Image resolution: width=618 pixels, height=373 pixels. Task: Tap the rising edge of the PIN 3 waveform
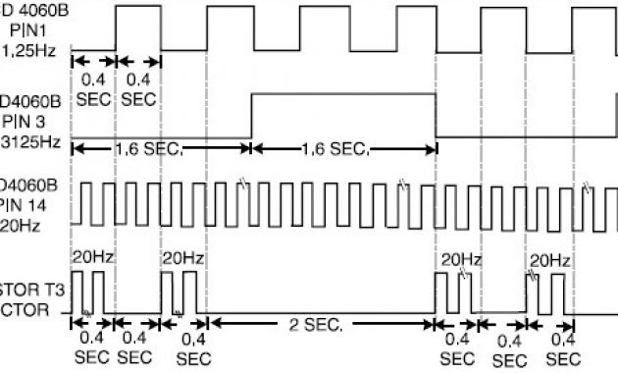click(x=252, y=116)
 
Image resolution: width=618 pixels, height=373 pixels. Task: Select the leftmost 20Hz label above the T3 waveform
click(x=93, y=258)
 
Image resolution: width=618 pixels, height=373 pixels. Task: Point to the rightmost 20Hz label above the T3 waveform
click(x=550, y=260)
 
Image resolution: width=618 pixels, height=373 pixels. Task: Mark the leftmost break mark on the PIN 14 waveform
click(x=244, y=183)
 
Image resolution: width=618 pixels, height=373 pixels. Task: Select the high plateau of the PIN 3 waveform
click(x=343, y=93)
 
